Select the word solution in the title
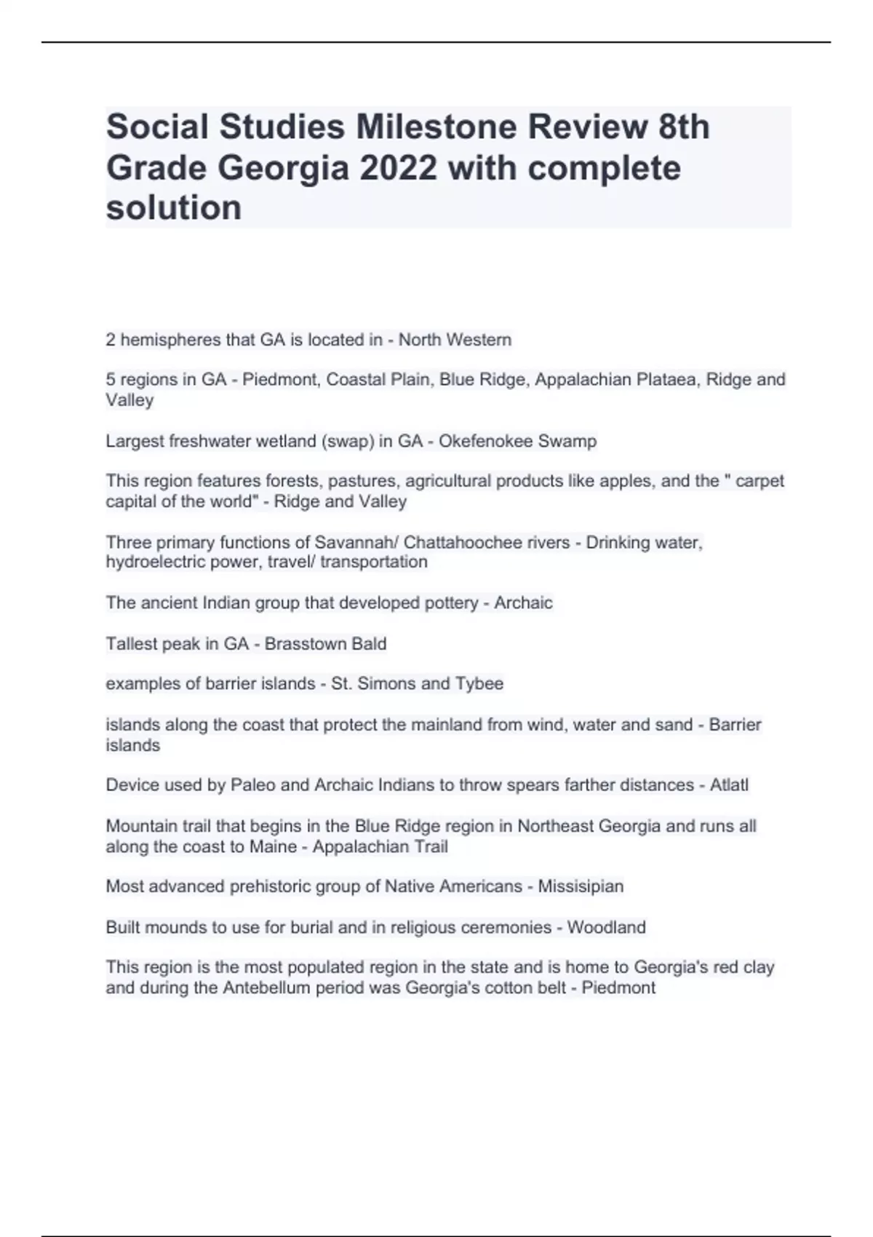[x=174, y=208]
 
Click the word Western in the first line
[x=479, y=340]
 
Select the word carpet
[x=760, y=481]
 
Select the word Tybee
[x=479, y=684]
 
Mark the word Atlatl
[x=729, y=785]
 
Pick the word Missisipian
[x=581, y=886]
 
